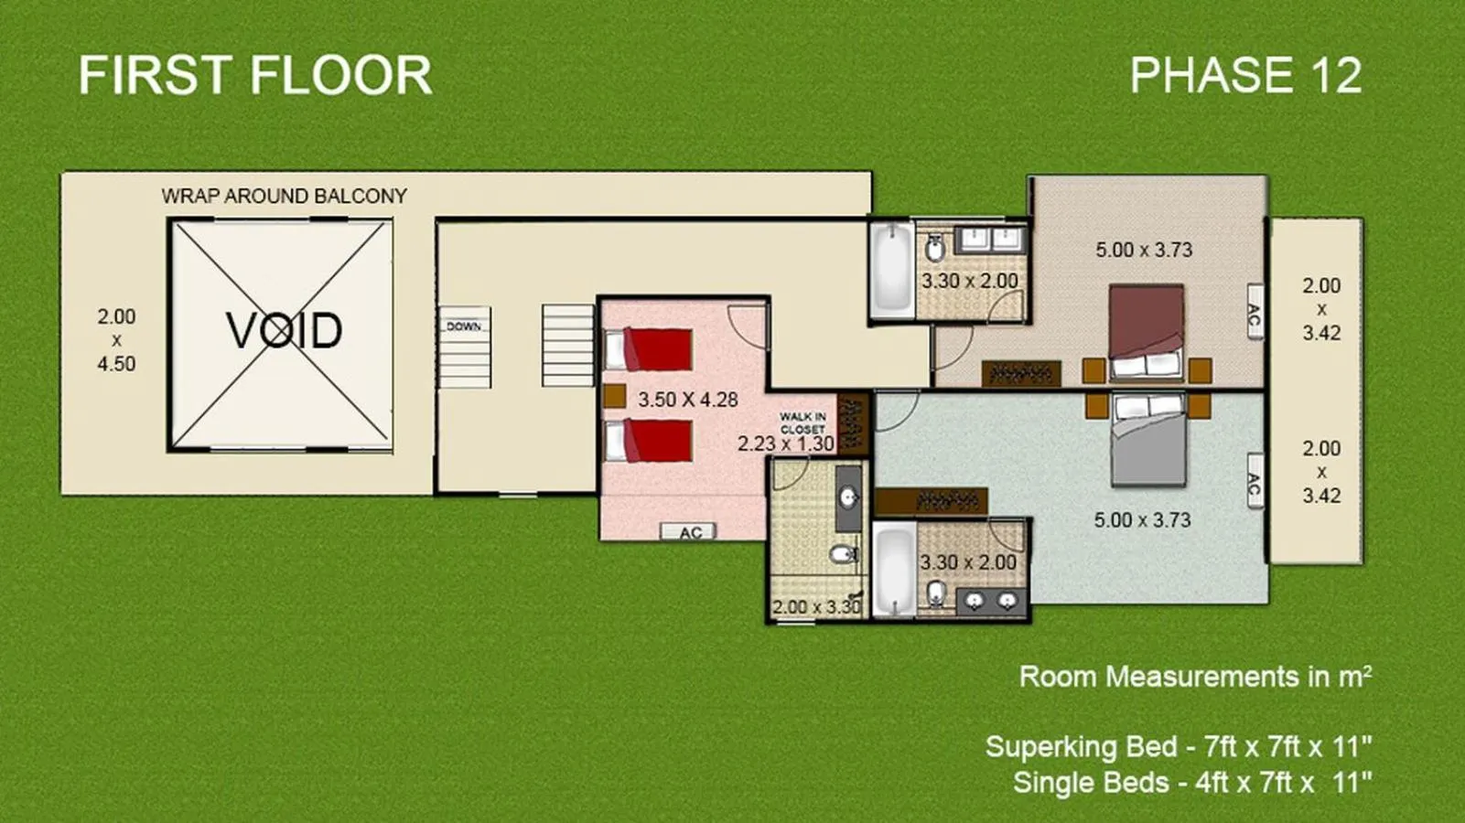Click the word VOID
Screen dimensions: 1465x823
[x=284, y=330]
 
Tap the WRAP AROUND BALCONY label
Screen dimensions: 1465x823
[x=285, y=196]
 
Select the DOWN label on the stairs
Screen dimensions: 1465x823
[x=464, y=326]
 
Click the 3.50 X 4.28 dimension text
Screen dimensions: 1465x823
[x=688, y=400]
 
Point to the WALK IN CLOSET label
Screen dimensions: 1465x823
[x=803, y=423]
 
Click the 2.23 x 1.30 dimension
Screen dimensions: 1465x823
[x=786, y=444]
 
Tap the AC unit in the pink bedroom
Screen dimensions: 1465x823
[x=689, y=532]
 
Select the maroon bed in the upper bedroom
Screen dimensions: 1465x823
[x=1147, y=333]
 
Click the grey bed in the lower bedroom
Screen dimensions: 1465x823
[x=1148, y=439]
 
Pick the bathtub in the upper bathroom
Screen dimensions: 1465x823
[x=891, y=270]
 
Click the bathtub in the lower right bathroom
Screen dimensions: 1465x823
[x=894, y=571]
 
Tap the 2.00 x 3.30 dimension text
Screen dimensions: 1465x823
[x=816, y=606]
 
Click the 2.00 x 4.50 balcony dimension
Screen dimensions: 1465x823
[x=116, y=340]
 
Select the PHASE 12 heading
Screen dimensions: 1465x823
[x=1246, y=75]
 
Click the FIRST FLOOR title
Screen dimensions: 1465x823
[x=255, y=75]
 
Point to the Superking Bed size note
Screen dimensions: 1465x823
[x=1178, y=746]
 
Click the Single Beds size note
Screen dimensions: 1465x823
[x=1191, y=782]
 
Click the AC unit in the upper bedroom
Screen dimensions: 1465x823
[x=1255, y=312]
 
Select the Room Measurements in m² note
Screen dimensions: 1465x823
[x=1195, y=676]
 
